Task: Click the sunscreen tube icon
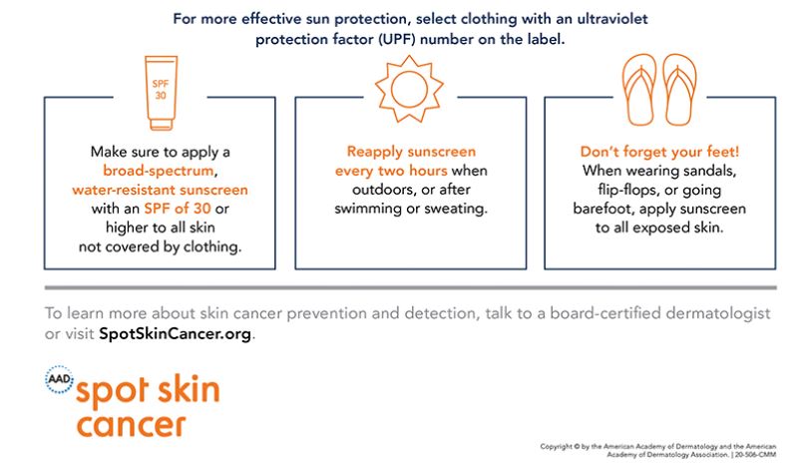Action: (x=161, y=93)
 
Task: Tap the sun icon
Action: (x=409, y=89)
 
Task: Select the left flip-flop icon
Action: (x=639, y=90)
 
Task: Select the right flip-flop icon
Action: (x=679, y=90)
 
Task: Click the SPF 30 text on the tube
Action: (x=161, y=90)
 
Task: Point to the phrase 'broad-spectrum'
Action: (x=159, y=171)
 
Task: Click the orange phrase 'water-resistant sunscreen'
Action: (x=160, y=190)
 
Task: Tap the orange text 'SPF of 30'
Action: (x=178, y=209)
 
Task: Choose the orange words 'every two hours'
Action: (x=391, y=171)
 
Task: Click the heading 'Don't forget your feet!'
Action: (x=659, y=152)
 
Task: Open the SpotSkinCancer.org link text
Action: (x=176, y=334)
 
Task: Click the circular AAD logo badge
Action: (x=60, y=379)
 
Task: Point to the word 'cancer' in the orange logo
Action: (x=131, y=425)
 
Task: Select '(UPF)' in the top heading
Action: (x=396, y=39)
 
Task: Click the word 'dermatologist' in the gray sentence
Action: (x=718, y=313)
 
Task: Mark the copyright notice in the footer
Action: (x=658, y=450)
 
